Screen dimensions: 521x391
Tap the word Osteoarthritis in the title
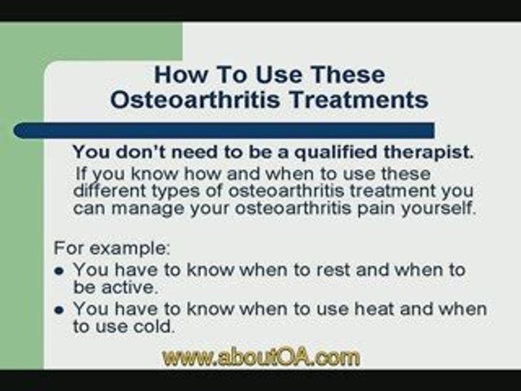coord(195,99)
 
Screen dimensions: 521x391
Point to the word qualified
coord(336,153)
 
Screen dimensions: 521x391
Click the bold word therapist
coord(429,152)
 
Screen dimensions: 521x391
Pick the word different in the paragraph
coord(109,191)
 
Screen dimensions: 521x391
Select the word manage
coord(148,209)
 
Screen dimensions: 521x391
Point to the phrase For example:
coord(112,248)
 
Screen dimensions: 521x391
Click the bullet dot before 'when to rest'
coord(59,271)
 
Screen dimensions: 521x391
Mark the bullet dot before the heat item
coord(59,310)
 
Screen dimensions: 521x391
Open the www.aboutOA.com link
coord(261,357)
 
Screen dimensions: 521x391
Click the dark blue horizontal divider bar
coord(224,130)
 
